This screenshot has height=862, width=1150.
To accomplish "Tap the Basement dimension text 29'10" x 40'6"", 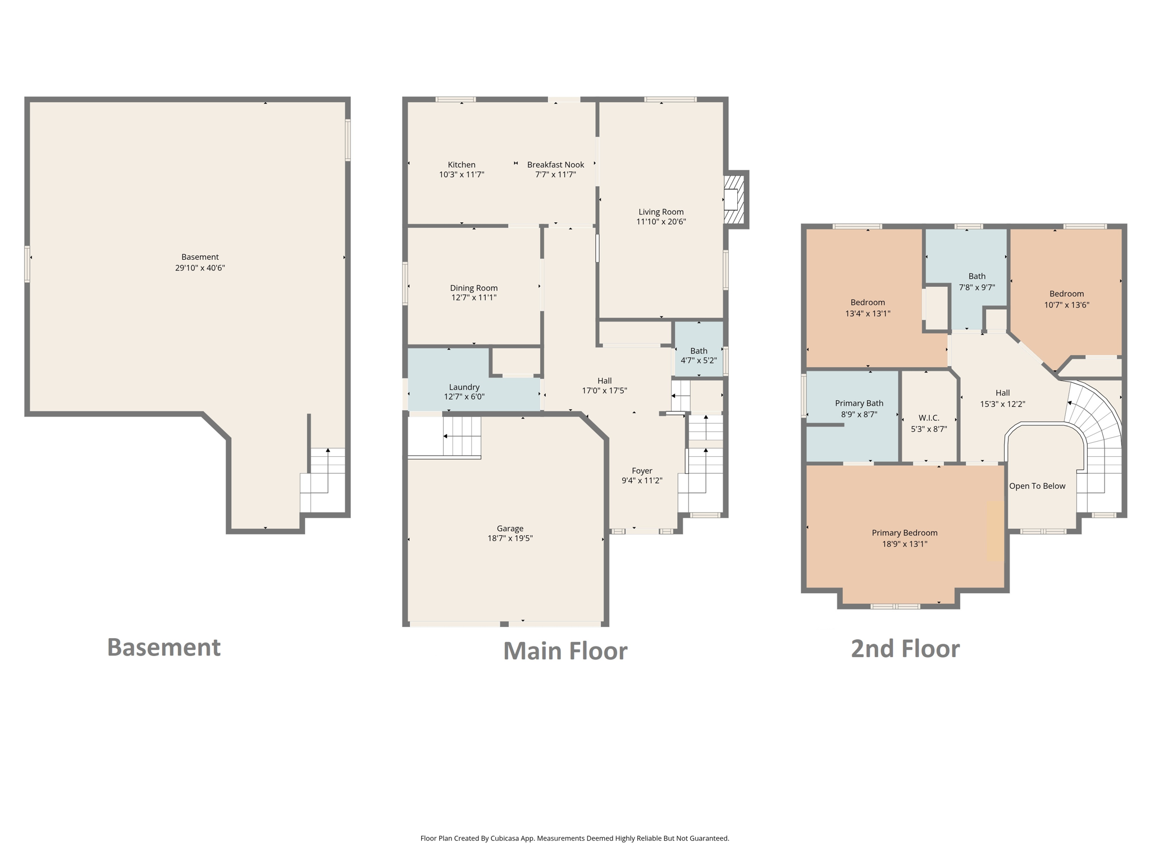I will point(200,268).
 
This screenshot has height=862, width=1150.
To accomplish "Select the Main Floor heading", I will point(565,651).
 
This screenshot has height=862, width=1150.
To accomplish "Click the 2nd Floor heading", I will point(905,649).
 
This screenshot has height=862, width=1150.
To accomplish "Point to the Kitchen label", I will point(461,164).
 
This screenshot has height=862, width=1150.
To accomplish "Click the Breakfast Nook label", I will point(555,164).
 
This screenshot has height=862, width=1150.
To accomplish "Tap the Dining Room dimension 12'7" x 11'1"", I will point(473,297).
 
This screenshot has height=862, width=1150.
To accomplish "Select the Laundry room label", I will point(464,387).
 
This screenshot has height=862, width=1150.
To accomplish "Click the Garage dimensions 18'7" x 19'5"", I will point(510,538).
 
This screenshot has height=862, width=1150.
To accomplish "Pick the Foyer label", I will point(642,471).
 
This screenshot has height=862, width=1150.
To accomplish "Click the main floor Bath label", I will point(699,351).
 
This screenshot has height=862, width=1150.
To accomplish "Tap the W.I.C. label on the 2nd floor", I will point(929,418).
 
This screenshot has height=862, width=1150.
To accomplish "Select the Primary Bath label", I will point(859,403).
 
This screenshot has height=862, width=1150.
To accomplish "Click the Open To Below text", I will point(1037,486).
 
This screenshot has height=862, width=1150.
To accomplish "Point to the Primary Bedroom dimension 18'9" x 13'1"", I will point(904,544).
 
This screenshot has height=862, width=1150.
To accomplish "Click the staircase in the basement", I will point(323,480).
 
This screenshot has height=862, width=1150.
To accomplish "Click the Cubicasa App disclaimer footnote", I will point(574,838).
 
